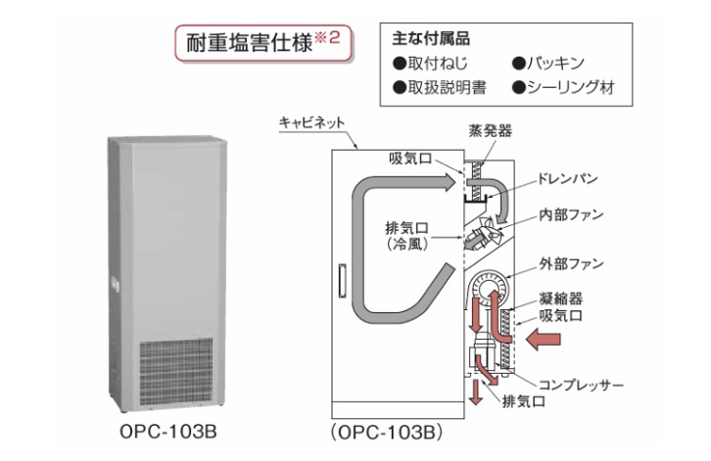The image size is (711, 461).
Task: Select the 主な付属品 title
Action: pos(431,40)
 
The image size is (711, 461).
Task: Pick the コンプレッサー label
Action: pos(579,385)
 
